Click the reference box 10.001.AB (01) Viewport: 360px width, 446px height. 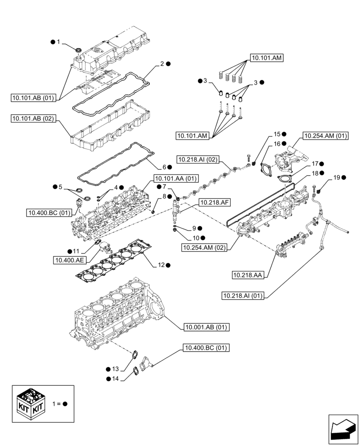point(206,327)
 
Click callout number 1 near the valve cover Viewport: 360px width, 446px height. point(58,42)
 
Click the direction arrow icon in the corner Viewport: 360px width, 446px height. point(343,429)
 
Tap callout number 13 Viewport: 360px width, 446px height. point(115,369)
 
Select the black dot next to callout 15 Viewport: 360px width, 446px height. point(284,134)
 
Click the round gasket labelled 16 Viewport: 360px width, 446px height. point(266,170)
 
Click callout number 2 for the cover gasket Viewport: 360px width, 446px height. point(162,64)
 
